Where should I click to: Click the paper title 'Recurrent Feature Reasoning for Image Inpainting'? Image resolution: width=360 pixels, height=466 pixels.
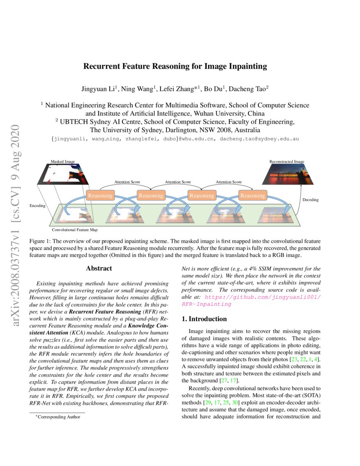click(x=175, y=66)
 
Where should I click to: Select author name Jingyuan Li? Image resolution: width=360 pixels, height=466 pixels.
click(x=99, y=89)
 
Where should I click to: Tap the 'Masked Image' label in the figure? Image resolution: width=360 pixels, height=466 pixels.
click(x=63, y=161)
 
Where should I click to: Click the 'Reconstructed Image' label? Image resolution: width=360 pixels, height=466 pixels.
click(x=287, y=161)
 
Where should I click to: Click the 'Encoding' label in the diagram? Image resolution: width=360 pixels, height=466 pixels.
click(x=37, y=205)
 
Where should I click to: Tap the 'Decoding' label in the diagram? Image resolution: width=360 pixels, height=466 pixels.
click(x=310, y=200)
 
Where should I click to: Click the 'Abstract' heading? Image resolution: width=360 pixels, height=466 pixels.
click(x=99, y=268)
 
